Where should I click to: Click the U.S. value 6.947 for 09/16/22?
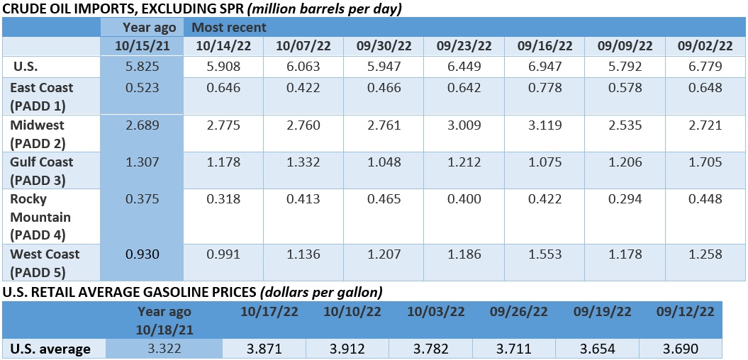(545, 67)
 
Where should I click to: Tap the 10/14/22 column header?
(223, 46)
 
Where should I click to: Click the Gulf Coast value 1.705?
(705, 162)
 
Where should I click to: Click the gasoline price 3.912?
(347, 349)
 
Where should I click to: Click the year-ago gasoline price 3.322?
(164, 349)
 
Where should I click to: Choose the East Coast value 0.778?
(545, 88)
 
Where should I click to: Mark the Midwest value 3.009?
(464, 125)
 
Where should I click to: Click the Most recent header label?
(226, 28)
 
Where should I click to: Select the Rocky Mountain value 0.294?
(625, 199)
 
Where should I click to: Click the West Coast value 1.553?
(545, 254)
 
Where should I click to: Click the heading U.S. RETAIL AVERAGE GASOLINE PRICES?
(128, 291)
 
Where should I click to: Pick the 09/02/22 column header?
(705, 46)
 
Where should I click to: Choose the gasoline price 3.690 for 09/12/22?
(681, 349)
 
